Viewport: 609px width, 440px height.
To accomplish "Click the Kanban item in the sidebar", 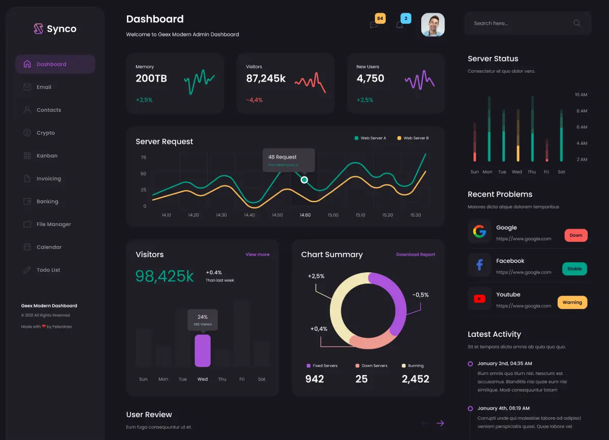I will coord(47,156).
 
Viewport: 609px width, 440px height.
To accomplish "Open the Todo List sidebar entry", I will coord(48,270).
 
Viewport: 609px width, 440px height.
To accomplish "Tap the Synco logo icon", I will coord(39,29).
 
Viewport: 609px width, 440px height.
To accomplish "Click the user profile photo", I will coord(433,24).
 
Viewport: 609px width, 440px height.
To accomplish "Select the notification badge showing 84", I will coord(380,19).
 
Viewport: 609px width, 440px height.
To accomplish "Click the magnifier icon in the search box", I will coord(577,23).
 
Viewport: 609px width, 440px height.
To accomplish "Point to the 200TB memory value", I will coord(151,79).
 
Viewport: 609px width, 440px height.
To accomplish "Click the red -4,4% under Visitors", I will coord(254,100).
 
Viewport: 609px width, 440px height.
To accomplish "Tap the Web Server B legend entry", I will coord(413,138).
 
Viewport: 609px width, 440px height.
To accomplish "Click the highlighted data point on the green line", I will coord(304,180).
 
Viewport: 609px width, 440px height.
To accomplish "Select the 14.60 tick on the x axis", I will coord(305,215).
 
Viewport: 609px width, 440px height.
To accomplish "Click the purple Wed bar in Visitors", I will coord(202,350).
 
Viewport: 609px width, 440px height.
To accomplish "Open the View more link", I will coord(257,255).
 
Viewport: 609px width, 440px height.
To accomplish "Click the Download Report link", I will coord(416,255).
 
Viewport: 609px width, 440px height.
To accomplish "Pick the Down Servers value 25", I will coord(361,379).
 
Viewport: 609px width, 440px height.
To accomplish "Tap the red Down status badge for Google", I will coord(576,236).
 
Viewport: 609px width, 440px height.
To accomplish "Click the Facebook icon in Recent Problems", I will coord(479,265).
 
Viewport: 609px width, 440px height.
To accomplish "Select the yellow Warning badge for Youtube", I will coord(572,302).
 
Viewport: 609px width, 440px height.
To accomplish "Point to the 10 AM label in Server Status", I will coord(581,95).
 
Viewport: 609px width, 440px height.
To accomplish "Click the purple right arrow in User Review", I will coord(440,423).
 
